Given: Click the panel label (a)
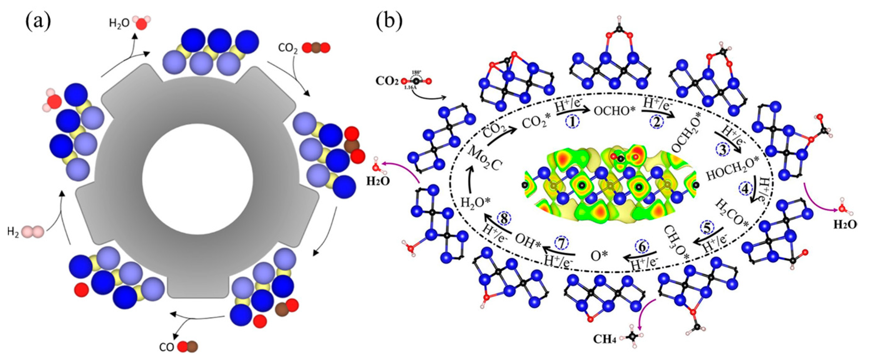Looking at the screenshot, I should pos(38,21).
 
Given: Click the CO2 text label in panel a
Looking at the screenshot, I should pos(288,48).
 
